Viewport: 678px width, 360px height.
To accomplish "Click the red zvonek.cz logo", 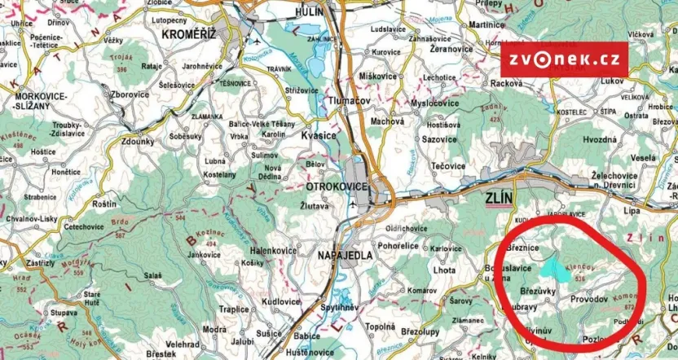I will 565,59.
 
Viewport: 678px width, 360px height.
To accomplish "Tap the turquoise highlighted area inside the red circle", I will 553,266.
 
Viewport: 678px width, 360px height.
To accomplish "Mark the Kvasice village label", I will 319,135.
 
